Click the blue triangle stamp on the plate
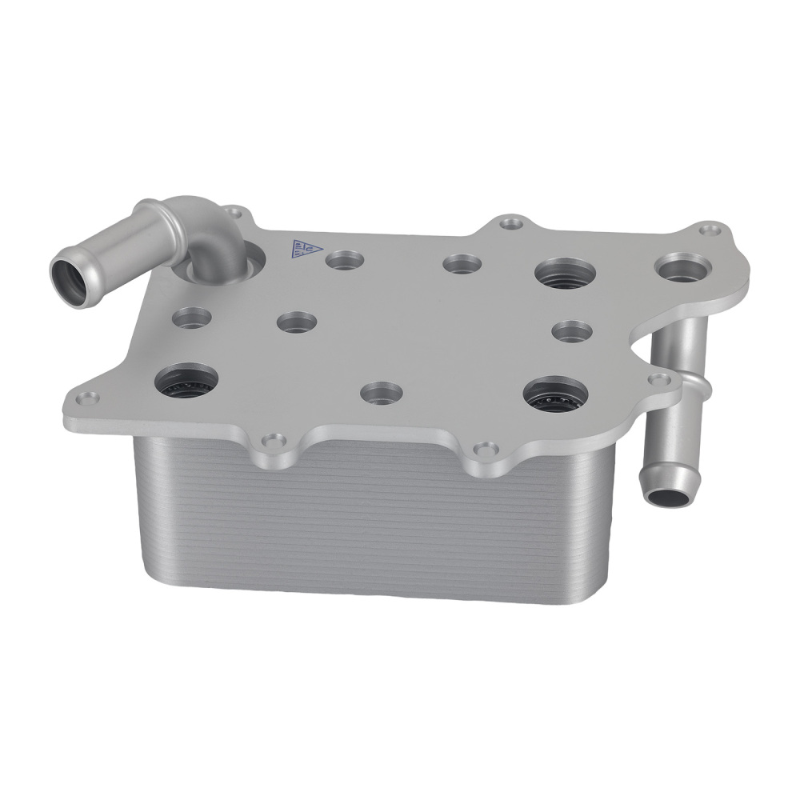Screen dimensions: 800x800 (x=302, y=248)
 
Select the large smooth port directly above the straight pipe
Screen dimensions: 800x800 (x=682, y=266)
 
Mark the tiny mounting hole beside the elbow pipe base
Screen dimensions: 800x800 (x=234, y=213)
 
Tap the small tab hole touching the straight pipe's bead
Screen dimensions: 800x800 (x=659, y=378)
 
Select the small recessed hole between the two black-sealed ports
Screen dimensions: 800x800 (x=382, y=392)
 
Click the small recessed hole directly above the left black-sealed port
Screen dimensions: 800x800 (x=193, y=317)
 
